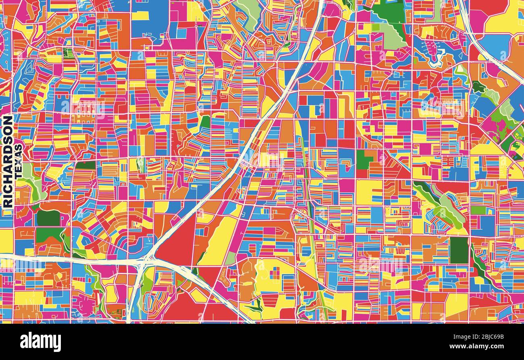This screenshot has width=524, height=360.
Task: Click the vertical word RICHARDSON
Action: (x=8, y=161)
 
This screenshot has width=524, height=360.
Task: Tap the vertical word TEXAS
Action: (x=19, y=161)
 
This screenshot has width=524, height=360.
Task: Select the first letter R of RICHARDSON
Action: (x=8, y=203)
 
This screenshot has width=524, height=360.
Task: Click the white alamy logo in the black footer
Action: (x=40, y=342)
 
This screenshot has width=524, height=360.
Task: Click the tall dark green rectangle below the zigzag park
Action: (x=459, y=250)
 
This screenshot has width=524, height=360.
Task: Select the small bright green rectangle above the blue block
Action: (x=478, y=210)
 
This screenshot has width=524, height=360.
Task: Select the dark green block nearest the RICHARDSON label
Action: (x=48, y=218)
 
